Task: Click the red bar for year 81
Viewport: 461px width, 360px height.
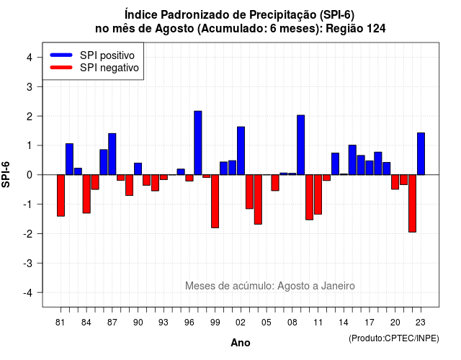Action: (61, 195)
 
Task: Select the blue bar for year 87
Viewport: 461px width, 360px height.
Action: (112, 154)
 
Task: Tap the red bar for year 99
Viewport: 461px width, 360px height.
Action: (215, 202)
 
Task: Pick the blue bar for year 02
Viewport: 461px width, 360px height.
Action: (241, 150)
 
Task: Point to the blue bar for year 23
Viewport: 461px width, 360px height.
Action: (421, 153)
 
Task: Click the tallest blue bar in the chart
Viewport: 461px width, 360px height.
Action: (198, 143)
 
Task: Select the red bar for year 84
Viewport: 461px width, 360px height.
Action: (86, 194)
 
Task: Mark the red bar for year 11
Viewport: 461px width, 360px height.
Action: (318, 194)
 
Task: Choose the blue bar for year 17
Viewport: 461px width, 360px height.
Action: (370, 168)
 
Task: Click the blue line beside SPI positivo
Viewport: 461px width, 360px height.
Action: (61, 55)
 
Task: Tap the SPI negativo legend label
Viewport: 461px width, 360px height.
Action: (109, 68)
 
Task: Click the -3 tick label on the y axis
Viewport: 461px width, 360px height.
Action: (28, 264)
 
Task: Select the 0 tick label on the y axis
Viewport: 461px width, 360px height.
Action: (30, 175)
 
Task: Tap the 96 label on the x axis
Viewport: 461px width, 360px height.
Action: (189, 323)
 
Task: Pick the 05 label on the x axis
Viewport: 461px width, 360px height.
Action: (267, 323)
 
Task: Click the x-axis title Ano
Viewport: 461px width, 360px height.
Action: (241, 343)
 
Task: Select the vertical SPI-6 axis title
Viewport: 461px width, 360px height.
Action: (6, 174)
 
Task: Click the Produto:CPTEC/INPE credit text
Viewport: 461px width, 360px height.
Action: (394, 338)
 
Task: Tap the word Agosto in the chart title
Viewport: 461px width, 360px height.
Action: (174, 29)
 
